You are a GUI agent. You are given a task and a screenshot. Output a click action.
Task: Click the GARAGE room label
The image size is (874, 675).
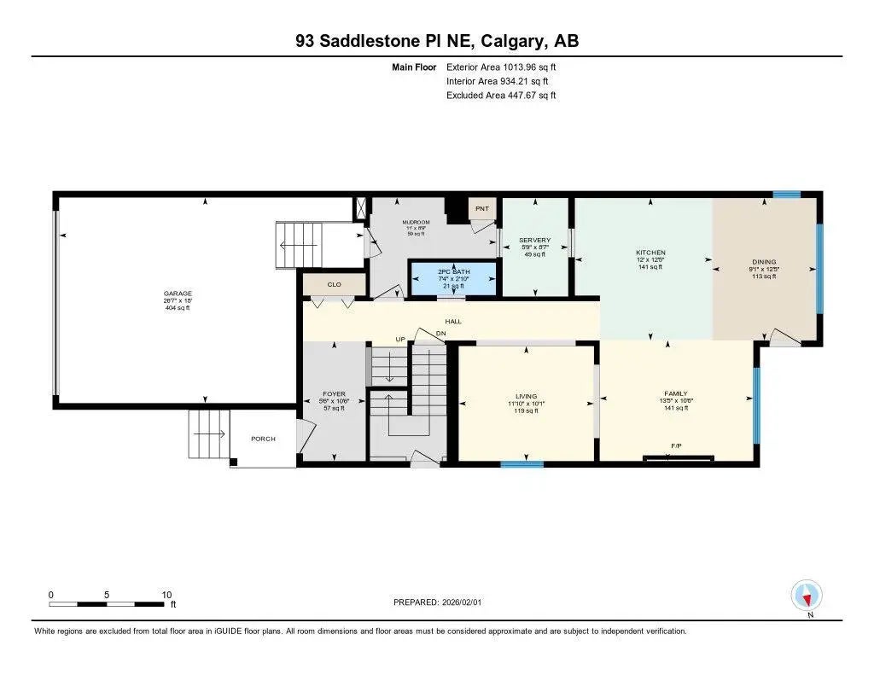pyautogui.click(x=178, y=293)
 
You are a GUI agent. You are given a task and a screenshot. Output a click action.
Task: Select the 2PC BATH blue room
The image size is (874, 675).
pyautogui.click(x=453, y=278)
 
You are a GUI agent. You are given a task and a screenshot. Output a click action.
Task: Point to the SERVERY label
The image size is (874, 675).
pyautogui.click(x=535, y=241)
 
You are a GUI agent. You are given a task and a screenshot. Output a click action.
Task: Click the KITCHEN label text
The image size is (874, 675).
pyautogui.click(x=650, y=253)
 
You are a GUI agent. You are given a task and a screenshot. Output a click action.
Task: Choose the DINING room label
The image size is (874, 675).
pyautogui.click(x=764, y=262)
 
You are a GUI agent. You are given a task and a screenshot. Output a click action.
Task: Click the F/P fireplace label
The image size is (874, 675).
pyautogui.click(x=676, y=446)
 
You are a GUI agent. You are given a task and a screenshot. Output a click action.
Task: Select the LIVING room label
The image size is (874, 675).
pyautogui.click(x=526, y=396)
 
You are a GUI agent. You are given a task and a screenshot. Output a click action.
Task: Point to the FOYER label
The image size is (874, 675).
pyautogui.click(x=335, y=394)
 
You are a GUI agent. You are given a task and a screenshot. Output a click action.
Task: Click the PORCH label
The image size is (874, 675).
pyautogui.click(x=263, y=439)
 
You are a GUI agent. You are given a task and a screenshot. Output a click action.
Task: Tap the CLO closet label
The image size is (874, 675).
pyautogui.click(x=334, y=285)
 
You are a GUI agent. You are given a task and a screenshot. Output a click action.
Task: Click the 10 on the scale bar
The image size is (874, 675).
pyautogui.click(x=167, y=595)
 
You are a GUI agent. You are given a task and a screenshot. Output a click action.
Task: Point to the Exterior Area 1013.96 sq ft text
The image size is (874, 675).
pyautogui.click(x=501, y=67)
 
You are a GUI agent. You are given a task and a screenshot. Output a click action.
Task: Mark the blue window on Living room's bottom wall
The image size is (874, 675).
pyautogui.click(x=521, y=464)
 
